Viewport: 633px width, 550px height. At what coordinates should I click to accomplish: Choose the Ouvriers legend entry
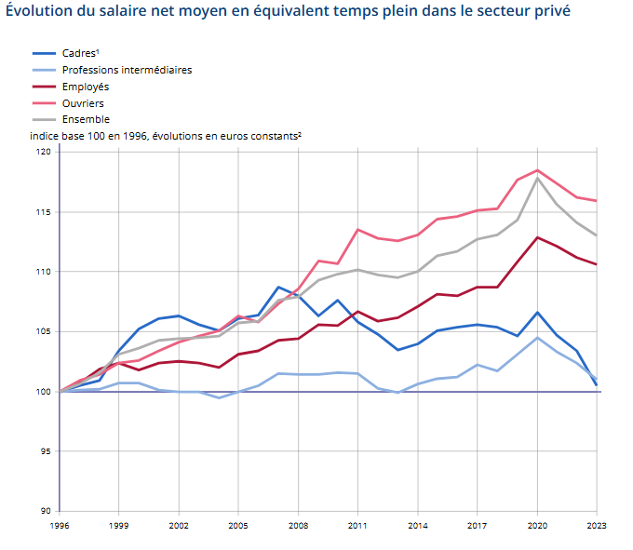83,103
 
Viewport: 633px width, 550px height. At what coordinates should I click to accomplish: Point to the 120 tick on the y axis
44,152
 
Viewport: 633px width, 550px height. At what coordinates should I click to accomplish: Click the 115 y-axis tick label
44,212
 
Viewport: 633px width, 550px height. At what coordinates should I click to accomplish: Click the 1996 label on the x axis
60,525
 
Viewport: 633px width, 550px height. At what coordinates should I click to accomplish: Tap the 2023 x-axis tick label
597,525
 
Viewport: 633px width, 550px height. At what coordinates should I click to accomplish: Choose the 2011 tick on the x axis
357,525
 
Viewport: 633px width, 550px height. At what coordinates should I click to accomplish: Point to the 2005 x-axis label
238,525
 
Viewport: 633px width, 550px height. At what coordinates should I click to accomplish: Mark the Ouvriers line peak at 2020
537,170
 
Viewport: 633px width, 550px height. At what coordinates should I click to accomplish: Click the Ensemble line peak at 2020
537,178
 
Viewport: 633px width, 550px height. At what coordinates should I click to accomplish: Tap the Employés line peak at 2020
537,237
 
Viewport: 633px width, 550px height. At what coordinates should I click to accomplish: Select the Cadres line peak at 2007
278,287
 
